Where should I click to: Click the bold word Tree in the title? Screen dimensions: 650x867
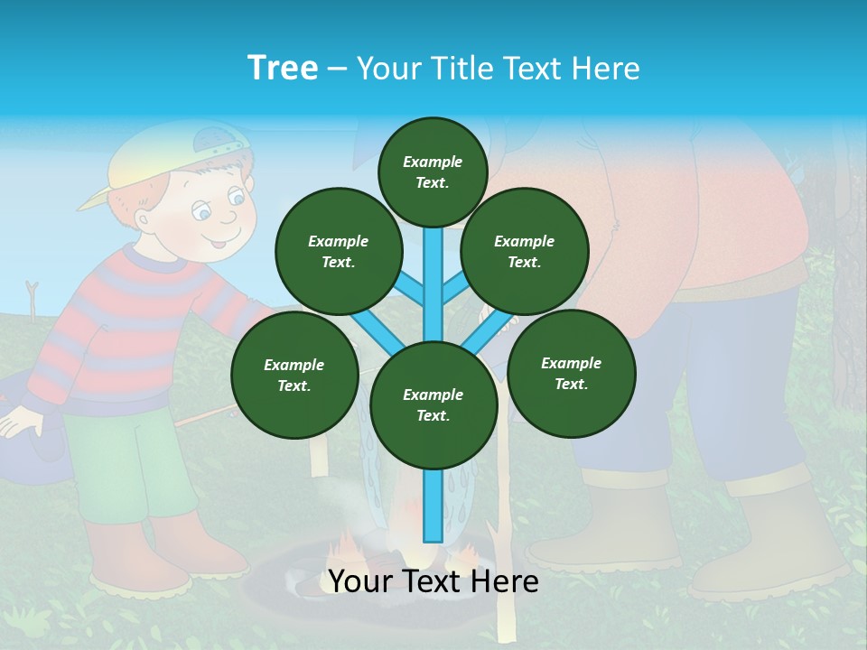[x=283, y=69]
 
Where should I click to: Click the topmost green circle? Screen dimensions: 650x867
[x=433, y=172]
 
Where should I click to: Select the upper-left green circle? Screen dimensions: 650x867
[x=338, y=251]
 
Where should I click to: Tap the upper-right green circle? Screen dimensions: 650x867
[x=524, y=251]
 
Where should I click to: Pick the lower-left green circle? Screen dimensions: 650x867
[x=294, y=375]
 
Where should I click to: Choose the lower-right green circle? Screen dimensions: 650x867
[x=571, y=373]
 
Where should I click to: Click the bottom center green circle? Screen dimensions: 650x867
[x=433, y=405]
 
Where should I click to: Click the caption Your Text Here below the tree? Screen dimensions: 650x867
[x=433, y=582]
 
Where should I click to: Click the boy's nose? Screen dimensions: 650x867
[x=228, y=218]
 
